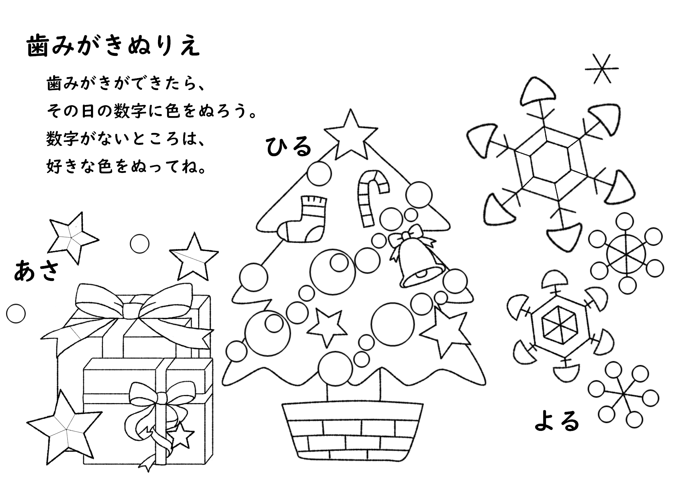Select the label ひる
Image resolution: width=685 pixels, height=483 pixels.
coord(289,147)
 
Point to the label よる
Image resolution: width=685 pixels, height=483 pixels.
coord(557,421)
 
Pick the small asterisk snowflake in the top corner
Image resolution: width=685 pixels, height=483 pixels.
coord(602,69)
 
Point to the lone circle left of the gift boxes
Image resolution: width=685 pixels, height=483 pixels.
coord(16,313)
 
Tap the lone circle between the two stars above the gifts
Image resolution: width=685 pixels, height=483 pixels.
coord(139,244)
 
